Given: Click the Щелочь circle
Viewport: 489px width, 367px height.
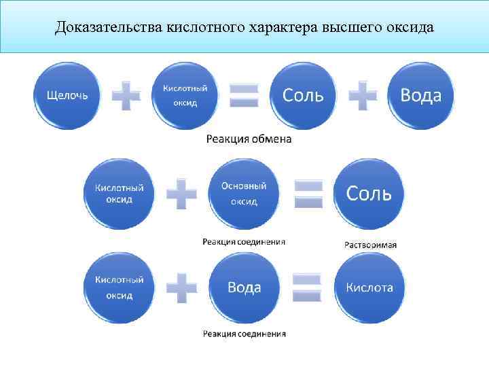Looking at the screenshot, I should coord(67,95).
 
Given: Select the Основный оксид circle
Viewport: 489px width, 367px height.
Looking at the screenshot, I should coord(244,193).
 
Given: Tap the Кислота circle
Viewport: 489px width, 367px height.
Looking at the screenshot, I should coord(369,287).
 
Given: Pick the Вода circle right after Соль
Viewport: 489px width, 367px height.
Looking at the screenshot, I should coord(420,95).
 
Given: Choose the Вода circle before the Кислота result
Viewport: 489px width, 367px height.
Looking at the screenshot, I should coord(244,287).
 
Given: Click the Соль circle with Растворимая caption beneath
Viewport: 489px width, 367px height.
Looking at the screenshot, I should coord(369,193).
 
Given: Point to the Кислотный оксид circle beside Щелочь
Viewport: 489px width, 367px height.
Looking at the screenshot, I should coord(185,95).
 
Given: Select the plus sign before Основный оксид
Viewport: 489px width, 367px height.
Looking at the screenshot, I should coord(181,193).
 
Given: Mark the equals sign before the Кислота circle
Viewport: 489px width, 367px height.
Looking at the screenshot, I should coord(307,287).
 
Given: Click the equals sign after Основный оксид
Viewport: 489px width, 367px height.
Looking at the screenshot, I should coord(307,193).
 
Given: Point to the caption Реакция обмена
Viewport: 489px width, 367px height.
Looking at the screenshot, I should coord(249,139).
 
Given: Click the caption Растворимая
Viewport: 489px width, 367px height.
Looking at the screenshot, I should coord(370,245).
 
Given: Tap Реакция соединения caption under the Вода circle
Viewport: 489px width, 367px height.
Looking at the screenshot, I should coord(244,334).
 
